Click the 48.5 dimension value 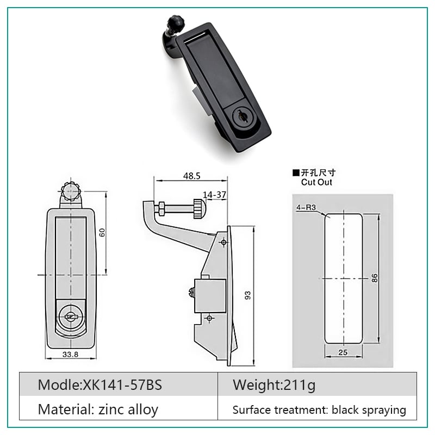pyautogui.click(x=192, y=176)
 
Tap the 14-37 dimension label pyautogui.click(x=214, y=195)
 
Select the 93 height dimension pyautogui.click(x=248, y=295)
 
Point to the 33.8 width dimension pyautogui.click(x=70, y=355)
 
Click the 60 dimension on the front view pyautogui.click(x=102, y=232)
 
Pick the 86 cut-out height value pyautogui.click(x=375, y=278)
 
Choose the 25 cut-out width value pyautogui.click(x=343, y=352)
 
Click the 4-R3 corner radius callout pyautogui.click(x=306, y=207)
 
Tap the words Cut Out pyautogui.click(x=316, y=182)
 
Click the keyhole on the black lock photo pyautogui.click(x=241, y=117)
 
